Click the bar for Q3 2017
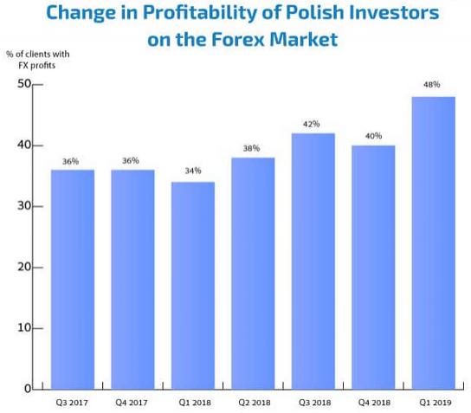[x=72, y=279]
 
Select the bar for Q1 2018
[x=192, y=286]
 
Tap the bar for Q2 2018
[x=253, y=273]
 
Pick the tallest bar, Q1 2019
[x=433, y=242]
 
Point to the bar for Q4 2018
[x=373, y=267]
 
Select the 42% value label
[x=313, y=124]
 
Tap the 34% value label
[x=192, y=171]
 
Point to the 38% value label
[x=253, y=147]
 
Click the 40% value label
[x=373, y=135]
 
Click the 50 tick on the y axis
[x=23, y=84]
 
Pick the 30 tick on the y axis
[x=23, y=206]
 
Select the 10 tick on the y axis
[x=23, y=328]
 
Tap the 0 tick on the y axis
[x=27, y=389]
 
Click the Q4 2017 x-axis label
[x=132, y=403]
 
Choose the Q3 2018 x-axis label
[x=313, y=403]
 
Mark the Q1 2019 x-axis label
[x=433, y=403]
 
